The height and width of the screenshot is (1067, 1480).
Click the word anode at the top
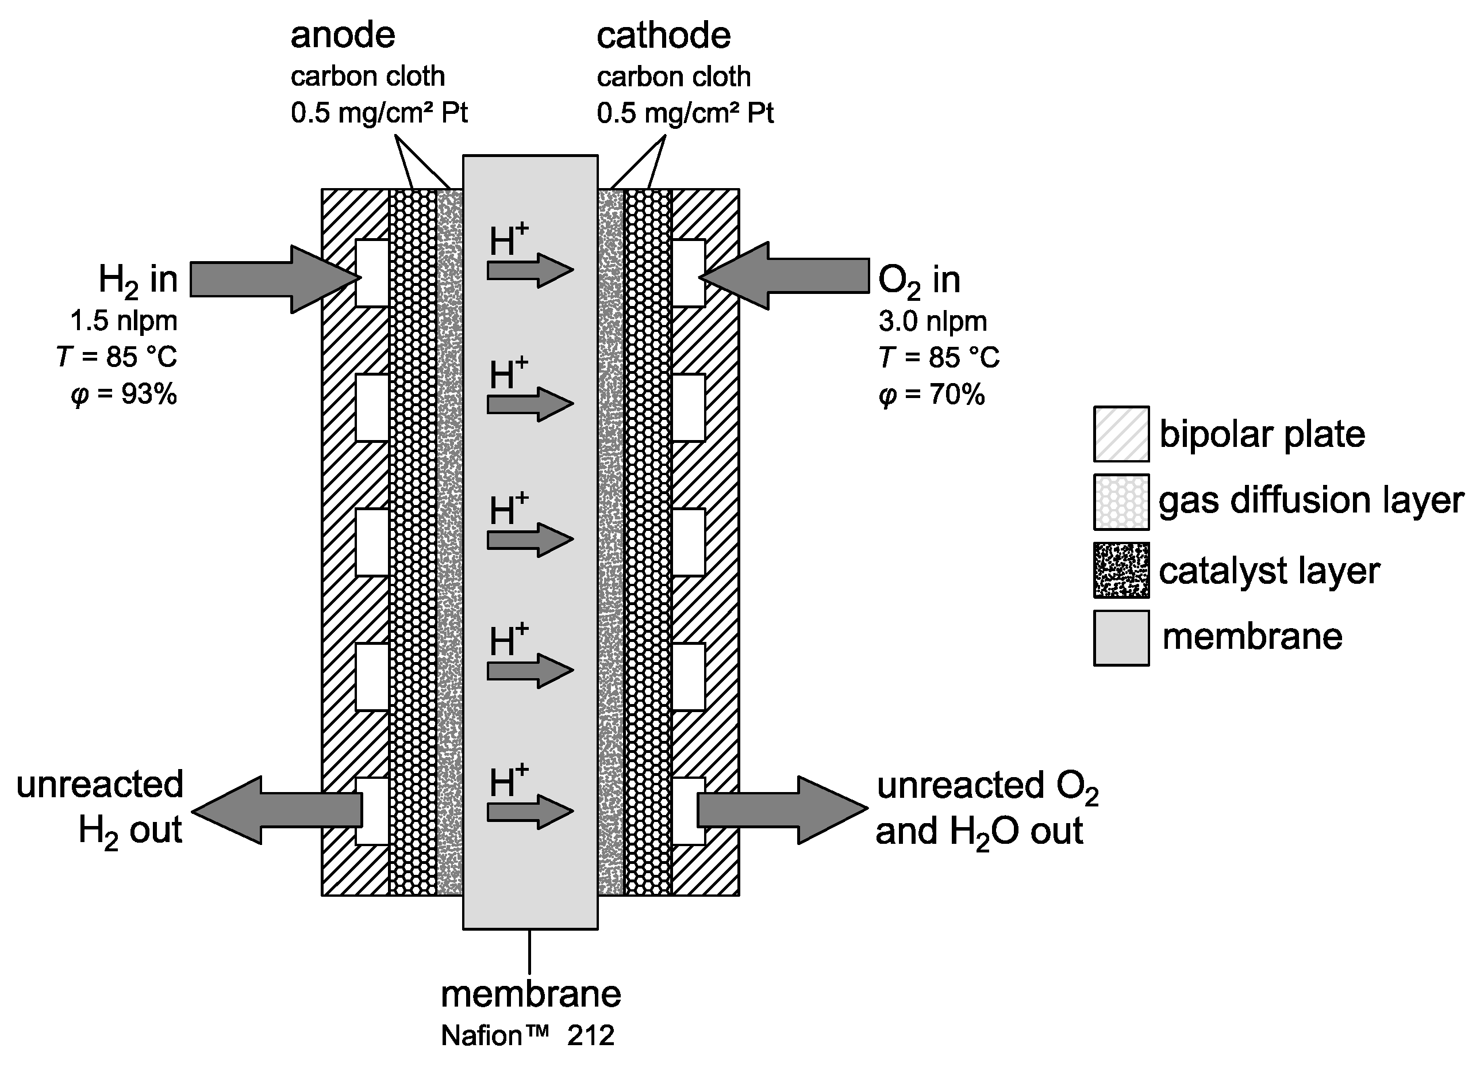click(343, 35)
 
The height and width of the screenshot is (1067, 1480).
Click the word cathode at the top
click(663, 35)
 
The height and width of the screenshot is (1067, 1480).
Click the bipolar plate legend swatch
click(1121, 434)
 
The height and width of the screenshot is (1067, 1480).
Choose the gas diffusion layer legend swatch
click(1121, 502)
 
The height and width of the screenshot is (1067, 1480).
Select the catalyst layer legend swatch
click(1121, 570)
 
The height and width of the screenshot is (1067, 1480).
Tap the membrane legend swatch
click(1121, 638)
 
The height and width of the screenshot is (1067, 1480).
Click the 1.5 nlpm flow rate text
click(124, 322)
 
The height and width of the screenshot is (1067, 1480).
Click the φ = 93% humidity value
click(124, 395)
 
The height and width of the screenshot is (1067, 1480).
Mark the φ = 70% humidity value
click(931, 395)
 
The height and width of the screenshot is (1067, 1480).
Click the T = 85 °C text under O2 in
click(939, 358)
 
